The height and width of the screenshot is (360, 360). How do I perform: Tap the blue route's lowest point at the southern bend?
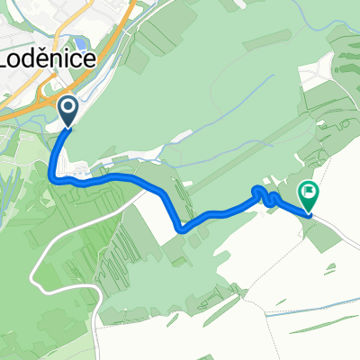pyautogui.click(x=183, y=229)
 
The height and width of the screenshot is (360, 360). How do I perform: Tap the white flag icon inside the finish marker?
pyautogui.click(x=309, y=190)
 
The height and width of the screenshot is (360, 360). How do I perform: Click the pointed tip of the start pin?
pyautogui.click(x=68, y=129)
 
